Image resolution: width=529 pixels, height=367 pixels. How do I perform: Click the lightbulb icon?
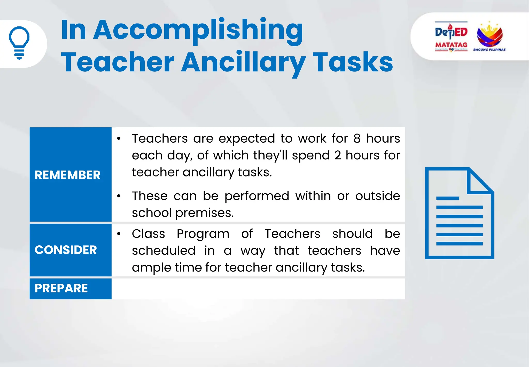[x=19, y=43]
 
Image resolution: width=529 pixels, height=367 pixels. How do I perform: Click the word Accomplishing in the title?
[x=198, y=30]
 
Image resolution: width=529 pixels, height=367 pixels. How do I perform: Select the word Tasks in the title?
[x=353, y=62]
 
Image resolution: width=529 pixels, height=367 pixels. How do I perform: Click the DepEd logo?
[x=451, y=32]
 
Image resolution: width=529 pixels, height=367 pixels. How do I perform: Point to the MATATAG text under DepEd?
[x=451, y=45]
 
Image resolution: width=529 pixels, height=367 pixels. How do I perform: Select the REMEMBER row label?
[x=67, y=175]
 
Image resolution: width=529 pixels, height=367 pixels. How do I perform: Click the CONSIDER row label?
[x=66, y=250]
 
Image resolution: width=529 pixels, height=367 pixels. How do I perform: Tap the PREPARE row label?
[x=61, y=288]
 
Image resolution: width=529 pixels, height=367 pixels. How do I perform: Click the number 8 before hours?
[x=357, y=138]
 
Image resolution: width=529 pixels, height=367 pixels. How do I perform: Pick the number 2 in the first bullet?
[x=338, y=156]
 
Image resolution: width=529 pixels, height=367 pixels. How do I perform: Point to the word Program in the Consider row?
[x=203, y=234]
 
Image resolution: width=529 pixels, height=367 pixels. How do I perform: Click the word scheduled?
[x=164, y=251]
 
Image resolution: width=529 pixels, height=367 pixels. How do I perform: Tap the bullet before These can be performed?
[x=119, y=196]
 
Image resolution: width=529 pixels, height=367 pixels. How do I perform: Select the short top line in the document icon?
[x=447, y=198]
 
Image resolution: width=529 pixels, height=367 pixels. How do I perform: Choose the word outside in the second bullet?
[x=377, y=196]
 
